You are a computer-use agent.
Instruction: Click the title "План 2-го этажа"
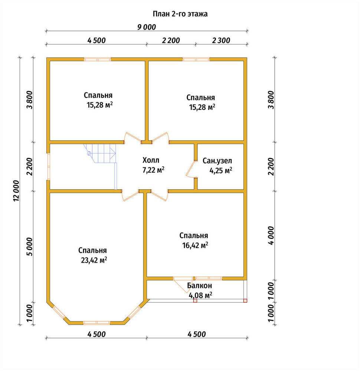coord(180,14)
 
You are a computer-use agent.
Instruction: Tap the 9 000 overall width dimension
coord(147,27)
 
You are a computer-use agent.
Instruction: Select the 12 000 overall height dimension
coord(16,191)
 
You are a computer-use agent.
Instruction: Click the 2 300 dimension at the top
coord(221,40)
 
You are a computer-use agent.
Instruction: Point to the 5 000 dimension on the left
coord(30,247)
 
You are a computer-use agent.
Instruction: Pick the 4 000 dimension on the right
coord(271,236)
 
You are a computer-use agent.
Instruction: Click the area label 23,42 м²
coord(94,260)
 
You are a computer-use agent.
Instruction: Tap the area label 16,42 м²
coord(195,245)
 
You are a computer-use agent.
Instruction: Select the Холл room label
coord(151,160)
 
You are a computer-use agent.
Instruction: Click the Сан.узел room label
coord(217,161)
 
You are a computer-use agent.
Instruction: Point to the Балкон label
coord(200,286)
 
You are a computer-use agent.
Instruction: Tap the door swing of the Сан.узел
coord(191,169)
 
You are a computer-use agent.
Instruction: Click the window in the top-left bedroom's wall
coord(98,59)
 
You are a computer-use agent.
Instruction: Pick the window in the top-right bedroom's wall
coord(196,59)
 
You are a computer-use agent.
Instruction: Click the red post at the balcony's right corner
coord(245,301)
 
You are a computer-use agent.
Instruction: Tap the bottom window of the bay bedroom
coord(96,323)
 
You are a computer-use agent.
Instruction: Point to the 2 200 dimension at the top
coord(171,40)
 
